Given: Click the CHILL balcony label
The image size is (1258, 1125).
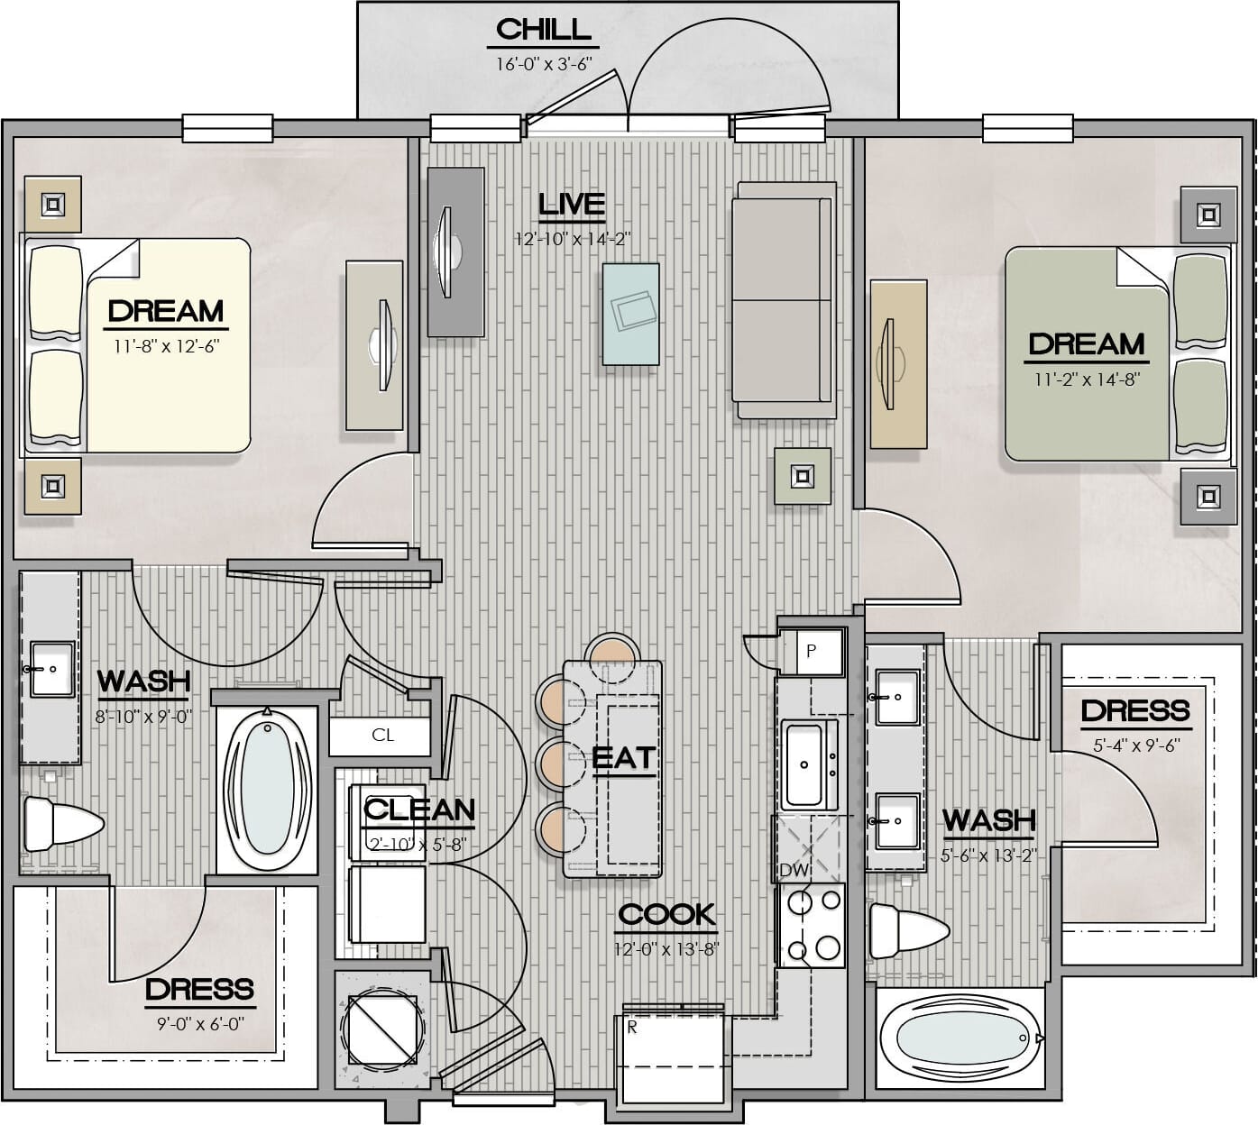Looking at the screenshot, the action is coord(543,29).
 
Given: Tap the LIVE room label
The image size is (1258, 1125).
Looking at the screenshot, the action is coord(571,205).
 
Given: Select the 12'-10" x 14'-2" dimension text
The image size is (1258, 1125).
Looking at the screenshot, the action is coord(573,238).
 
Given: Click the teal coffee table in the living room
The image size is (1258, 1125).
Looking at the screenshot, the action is coord(630,314).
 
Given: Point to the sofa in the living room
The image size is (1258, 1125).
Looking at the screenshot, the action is coord(785,300).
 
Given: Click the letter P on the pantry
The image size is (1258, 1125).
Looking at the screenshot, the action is coord(811,651).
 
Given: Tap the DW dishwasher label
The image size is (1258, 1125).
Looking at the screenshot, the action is coord(794,870).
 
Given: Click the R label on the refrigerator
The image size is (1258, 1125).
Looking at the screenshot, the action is coord(632,1028).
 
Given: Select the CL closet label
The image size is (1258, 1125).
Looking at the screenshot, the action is coord(382,735).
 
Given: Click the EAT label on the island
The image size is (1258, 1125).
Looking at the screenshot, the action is coord(623,757).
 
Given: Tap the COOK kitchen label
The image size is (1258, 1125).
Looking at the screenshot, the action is coord(667,915).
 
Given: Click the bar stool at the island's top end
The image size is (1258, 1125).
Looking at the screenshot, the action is coord(613,655).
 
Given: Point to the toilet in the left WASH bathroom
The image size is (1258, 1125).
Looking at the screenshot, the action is coord(62,824).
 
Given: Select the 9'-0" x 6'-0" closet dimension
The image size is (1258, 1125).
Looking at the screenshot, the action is coord(200,1023).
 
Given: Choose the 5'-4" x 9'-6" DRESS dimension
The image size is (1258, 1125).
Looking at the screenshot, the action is coord(1136,745).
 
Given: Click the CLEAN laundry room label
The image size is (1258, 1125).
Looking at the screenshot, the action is coord(419,809).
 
